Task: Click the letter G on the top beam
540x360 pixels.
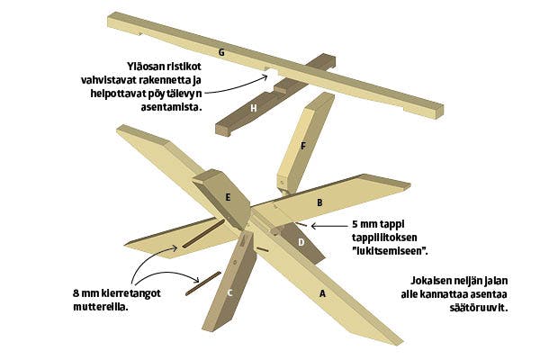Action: [221, 52]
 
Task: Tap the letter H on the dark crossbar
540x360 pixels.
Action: [254, 109]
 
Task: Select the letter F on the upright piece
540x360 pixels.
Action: [303, 147]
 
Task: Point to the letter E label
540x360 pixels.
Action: [228, 198]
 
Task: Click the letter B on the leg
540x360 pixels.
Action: [319, 202]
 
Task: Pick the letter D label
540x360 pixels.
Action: [301, 242]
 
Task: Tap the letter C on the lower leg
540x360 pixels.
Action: [230, 293]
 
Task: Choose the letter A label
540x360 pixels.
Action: [322, 294]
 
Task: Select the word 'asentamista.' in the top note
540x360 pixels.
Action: [171, 107]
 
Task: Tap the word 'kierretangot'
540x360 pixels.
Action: [131, 293]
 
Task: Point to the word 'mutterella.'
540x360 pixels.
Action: [101, 307]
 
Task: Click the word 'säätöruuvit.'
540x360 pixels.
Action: [479, 308]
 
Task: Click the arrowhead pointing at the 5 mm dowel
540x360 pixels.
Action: [314, 226]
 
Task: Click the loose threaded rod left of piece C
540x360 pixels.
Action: [203, 283]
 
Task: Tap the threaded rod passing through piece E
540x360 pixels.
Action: [203, 234]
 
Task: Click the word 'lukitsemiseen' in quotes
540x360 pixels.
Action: [390, 251]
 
